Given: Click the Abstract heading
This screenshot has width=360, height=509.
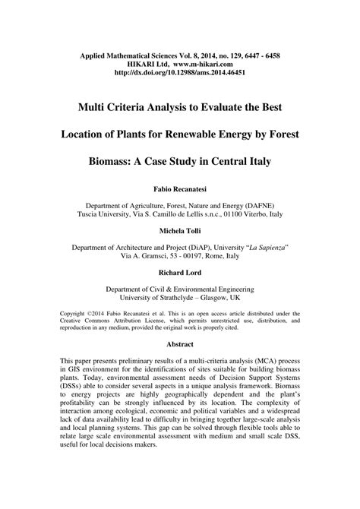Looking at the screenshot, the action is click(180, 343).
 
